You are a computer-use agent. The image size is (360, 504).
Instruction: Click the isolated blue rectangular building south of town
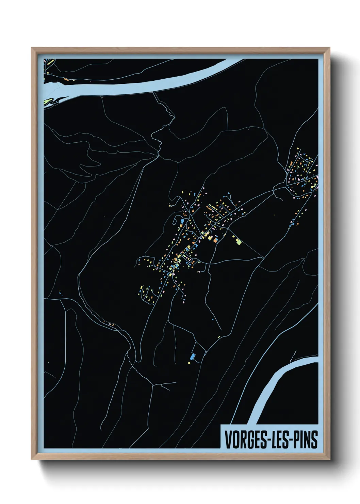193,357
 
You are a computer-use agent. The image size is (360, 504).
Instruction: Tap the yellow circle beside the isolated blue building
189,363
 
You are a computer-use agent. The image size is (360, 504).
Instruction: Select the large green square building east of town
238,241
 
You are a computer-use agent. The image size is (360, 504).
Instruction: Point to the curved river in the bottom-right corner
272,385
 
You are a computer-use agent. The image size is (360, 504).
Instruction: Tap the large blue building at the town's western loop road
182,222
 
